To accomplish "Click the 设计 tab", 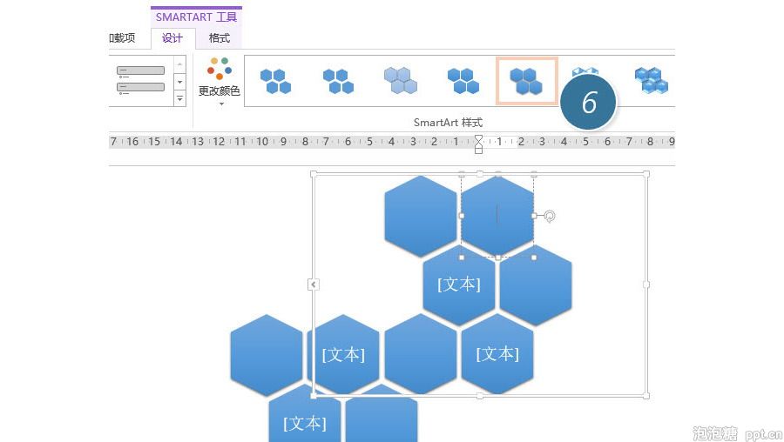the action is tap(172, 38).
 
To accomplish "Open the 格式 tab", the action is tap(219, 38).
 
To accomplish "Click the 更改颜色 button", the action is tap(220, 80).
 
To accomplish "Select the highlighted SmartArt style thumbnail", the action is tap(526, 81).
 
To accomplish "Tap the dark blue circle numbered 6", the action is tap(589, 102).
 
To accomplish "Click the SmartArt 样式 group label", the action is tap(448, 123).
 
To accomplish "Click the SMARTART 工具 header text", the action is tap(196, 17).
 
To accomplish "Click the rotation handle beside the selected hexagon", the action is tap(549, 217).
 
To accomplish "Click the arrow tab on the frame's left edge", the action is tap(313, 285).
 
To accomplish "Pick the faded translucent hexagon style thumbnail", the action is tap(401, 81).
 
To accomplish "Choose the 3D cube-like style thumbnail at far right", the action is tap(652, 81).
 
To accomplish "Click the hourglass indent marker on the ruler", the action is tap(478, 144).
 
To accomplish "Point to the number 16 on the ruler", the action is tap(132, 141).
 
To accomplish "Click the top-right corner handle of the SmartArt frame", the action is tap(646, 174).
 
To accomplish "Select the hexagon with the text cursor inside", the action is tap(497, 216).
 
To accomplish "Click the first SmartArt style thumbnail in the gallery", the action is tap(275, 81).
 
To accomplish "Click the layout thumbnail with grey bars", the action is tap(140, 80).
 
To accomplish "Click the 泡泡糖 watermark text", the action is tap(715, 433).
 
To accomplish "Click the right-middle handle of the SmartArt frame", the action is tap(646, 285).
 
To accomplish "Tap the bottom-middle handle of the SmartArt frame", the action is tap(480, 396).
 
